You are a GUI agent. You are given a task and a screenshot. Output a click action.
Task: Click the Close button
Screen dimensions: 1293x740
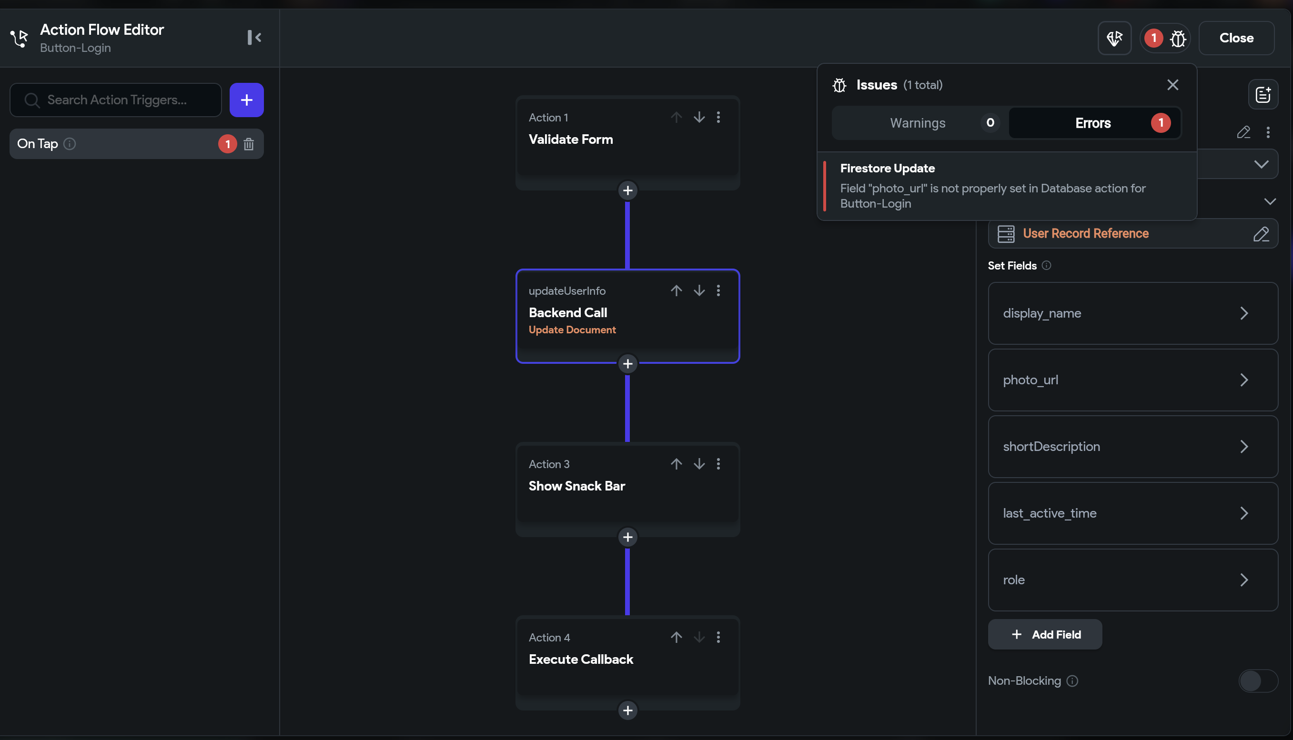coord(1236,38)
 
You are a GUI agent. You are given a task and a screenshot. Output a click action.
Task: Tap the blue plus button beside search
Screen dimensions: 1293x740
coord(247,100)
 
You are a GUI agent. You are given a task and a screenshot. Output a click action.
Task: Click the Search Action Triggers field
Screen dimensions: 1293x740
coord(116,100)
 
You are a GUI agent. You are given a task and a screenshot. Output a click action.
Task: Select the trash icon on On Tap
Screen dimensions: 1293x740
coord(249,144)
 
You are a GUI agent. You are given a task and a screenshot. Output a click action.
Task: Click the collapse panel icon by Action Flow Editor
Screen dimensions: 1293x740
coord(254,38)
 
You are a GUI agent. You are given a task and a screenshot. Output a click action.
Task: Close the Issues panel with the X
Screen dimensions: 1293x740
coord(1172,85)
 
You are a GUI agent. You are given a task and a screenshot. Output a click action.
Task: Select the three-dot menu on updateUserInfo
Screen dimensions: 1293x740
coord(718,290)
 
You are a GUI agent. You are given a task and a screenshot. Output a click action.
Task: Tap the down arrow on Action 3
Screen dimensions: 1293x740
coord(699,464)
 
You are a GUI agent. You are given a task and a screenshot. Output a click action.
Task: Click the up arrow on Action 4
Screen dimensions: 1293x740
coord(676,637)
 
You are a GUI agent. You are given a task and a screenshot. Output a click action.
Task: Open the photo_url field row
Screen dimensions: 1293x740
coord(1132,380)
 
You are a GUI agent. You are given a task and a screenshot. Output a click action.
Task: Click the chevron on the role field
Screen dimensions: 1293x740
coord(1243,580)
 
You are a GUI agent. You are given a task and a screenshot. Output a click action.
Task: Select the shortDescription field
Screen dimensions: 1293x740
coord(1132,447)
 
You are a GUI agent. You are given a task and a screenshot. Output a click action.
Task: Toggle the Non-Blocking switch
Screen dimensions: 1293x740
coord(1257,681)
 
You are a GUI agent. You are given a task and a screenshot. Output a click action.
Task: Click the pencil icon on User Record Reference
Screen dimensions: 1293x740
coord(1261,234)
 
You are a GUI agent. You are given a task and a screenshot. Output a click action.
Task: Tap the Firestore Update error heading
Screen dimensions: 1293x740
coord(887,168)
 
